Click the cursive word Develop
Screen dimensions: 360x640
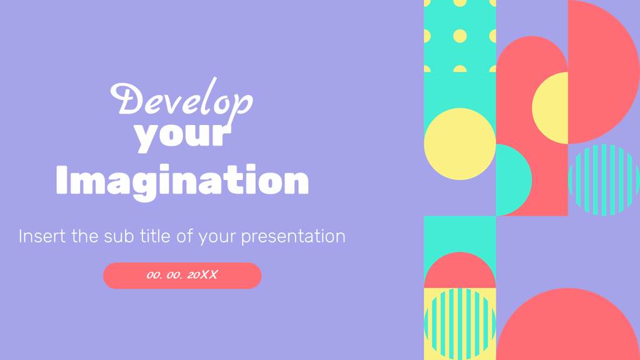coord(181,100)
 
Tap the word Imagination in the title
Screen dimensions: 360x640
coord(182,181)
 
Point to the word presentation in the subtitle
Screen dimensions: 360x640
coord(293,237)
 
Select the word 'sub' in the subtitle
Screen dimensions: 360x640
coord(118,236)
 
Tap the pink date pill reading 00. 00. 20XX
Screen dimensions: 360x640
coord(182,276)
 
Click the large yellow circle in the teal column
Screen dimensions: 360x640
coord(459,144)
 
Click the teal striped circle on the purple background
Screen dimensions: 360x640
coord(603,180)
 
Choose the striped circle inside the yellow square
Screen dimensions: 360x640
coord(459,324)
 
